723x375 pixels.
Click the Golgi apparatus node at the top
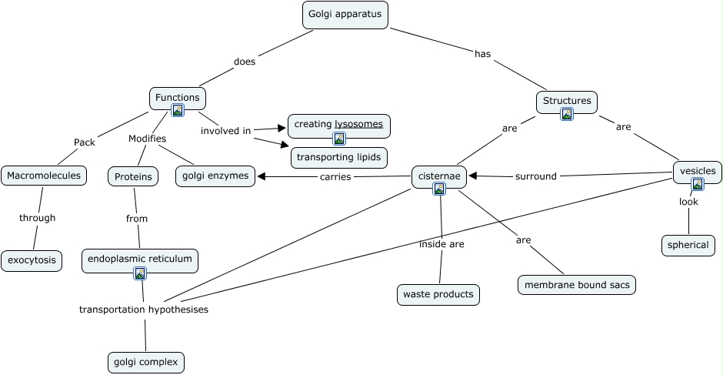[x=344, y=15]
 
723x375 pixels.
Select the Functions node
[x=178, y=98]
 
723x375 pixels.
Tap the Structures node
[x=567, y=101]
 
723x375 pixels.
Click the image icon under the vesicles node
[x=697, y=184]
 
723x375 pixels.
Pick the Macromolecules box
[x=44, y=176]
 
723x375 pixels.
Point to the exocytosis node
[x=32, y=260]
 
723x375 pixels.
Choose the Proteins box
[x=133, y=177]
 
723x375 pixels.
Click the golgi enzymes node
[x=215, y=176]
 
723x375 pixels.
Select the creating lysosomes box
[x=338, y=124]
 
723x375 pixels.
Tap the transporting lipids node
[x=338, y=157]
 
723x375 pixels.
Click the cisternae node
[x=439, y=176]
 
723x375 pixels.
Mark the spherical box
[x=688, y=246]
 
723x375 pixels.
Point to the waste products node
[x=438, y=294]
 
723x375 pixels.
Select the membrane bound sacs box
[x=577, y=285]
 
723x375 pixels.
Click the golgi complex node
[x=146, y=362]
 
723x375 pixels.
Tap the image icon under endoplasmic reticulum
[x=140, y=273]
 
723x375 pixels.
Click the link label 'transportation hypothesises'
[x=144, y=310]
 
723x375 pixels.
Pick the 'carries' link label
[x=335, y=176]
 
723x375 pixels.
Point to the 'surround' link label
[x=536, y=176]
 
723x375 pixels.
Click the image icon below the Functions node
[x=178, y=111]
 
